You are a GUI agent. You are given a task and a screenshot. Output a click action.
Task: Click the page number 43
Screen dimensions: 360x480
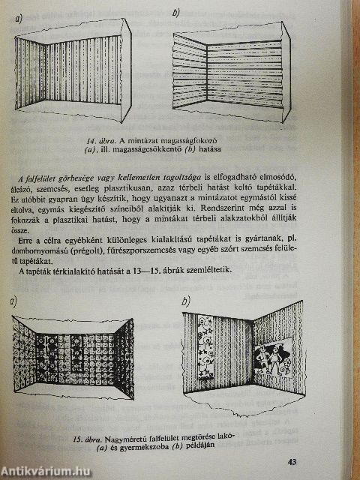coord(292,462)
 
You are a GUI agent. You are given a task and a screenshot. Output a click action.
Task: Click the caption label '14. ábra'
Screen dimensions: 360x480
coord(97,141)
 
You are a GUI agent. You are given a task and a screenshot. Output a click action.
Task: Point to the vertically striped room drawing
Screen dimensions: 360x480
coord(73,70)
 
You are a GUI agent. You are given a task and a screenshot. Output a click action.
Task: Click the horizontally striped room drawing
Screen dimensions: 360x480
coord(231,72)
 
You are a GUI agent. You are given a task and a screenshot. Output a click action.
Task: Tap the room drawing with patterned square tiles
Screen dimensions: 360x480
coord(73,358)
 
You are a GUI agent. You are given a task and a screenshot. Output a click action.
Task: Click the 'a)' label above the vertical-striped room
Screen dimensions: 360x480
coord(19,19)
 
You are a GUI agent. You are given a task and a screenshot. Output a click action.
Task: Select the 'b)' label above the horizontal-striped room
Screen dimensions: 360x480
coord(176,14)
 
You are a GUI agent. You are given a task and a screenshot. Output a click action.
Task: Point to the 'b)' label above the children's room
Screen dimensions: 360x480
coord(185,302)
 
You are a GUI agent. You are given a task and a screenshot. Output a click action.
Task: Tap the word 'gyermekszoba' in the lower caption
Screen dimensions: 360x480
coord(145,446)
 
